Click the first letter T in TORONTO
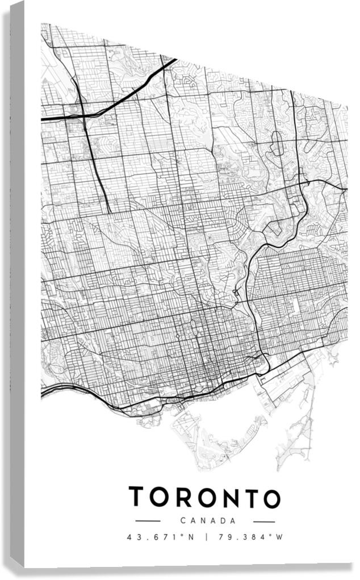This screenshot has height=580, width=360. pos(137,497)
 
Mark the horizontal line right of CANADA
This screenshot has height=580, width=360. pos(264,521)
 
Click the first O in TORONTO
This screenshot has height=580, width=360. pos(158,498)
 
